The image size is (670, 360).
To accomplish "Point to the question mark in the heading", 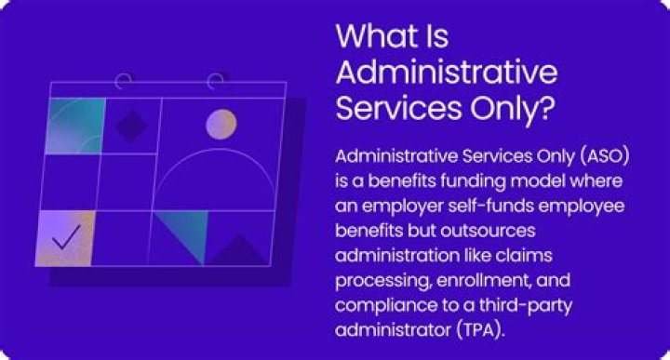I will click(x=546, y=105).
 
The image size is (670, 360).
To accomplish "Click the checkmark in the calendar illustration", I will click(x=66, y=238).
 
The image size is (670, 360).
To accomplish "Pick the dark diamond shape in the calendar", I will click(x=130, y=124).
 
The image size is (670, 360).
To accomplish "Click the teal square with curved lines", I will click(x=74, y=125).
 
